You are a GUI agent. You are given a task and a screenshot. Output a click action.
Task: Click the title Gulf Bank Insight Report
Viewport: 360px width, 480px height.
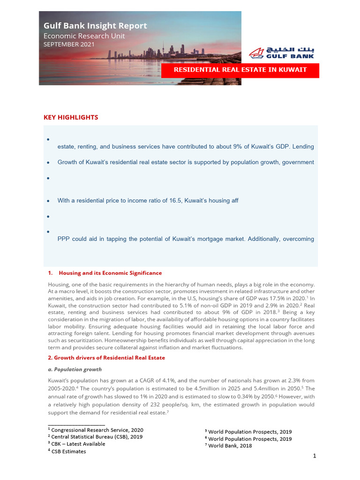pos(95,26)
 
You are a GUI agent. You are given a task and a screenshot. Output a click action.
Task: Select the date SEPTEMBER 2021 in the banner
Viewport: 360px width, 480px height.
pos(69,45)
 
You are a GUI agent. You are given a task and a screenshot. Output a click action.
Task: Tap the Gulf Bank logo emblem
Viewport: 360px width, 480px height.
pos(256,53)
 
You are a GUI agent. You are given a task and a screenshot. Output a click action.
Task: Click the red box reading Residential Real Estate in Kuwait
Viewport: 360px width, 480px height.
pos(240,70)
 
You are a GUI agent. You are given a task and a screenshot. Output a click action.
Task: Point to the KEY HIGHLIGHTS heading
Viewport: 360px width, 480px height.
pos(71,118)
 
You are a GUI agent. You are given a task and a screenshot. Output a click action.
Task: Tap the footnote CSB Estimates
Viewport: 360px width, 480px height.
pos(68,451)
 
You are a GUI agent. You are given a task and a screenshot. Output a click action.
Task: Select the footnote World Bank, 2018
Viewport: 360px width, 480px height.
pos(230,446)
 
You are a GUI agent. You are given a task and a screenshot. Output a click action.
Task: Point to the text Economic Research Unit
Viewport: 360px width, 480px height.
pos(84,36)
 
